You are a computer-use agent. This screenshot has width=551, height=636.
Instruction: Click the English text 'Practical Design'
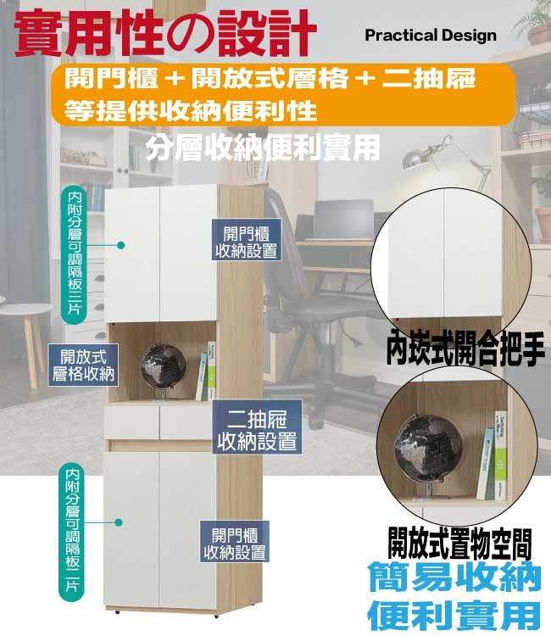click(x=431, y=36)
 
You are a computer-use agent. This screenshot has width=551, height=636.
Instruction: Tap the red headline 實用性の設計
click(x=165, y=33)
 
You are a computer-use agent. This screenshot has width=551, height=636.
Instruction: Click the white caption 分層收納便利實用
click(x=263, y=148)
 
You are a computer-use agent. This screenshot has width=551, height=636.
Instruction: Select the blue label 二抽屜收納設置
click(x=257, y=427)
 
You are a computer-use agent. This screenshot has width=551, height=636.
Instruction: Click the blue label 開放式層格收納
click(x=83, y=365)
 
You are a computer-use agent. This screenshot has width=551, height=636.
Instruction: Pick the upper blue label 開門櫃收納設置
click(x=247, y=240)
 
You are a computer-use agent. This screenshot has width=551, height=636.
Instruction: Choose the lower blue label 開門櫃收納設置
click(x=234, y=542)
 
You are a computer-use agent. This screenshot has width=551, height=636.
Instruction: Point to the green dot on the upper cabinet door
click(x=120, y=245)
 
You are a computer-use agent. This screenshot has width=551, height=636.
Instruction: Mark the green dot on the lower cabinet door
click(x=119, y=522)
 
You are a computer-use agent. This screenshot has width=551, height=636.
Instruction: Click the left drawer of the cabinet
click(x=131, y=422)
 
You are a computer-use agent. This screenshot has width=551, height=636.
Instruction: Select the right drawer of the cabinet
click(x=186, y=421)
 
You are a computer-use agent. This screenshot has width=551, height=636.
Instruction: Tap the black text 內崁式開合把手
click(x=465, y=349)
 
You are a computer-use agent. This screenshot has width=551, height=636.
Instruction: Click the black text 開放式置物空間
click(x=459, y=544)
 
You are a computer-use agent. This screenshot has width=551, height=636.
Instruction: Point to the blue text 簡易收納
click(x=454, y=577)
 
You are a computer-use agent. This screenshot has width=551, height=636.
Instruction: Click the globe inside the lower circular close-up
click(x=429, y=450)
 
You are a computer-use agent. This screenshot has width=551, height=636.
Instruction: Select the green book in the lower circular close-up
click(x=501, y=455)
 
